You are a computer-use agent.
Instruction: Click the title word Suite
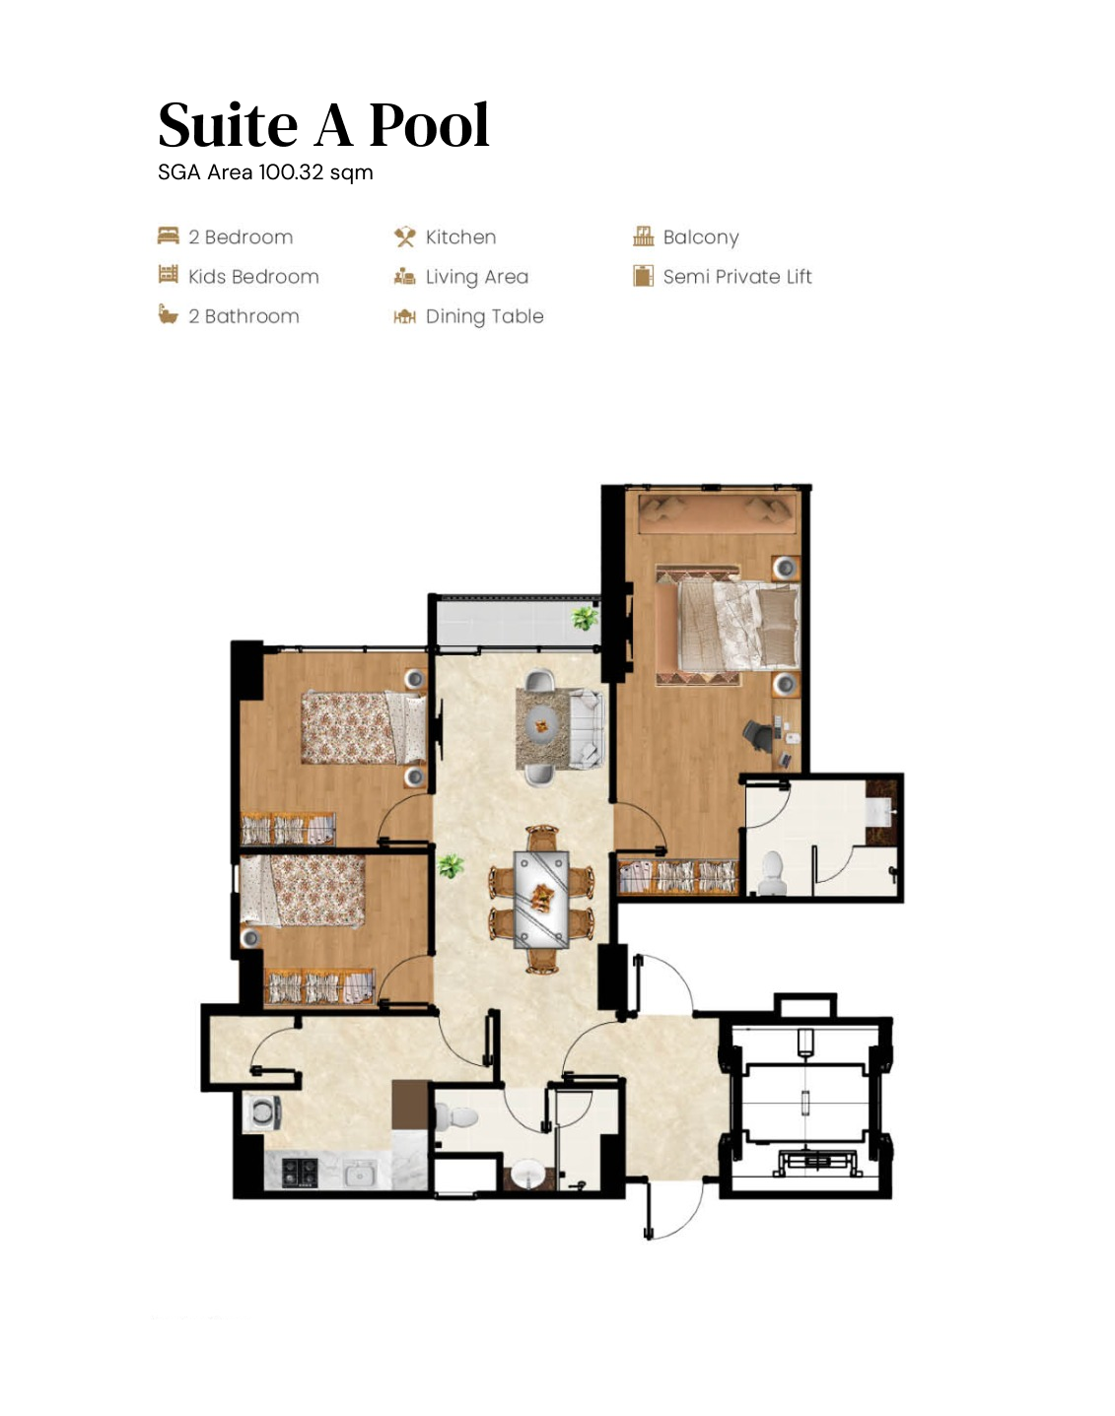(x=228, y=126)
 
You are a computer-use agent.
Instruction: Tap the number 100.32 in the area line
(x=291, y=172)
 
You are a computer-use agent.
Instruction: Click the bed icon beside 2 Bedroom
(x=169, y=236)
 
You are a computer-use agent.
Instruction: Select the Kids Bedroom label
(x=253, y=277)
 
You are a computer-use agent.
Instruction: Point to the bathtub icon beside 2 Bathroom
(x=169, y=315)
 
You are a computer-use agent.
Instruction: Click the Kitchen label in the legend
(x=460, y=237)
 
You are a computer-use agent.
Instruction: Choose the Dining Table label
(x=484, y=316)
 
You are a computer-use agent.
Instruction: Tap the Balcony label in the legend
(x=700, y=237)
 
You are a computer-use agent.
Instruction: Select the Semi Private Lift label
(x=737, y=277)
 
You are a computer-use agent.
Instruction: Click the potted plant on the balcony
(x=585, y=619)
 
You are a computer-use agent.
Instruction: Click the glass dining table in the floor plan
(x=541, y=899)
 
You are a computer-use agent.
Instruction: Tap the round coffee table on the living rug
(x=541, y=726)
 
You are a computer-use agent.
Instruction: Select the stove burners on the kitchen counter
(x=300, y=1173)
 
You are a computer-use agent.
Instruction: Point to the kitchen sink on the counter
(x=359, y=1175)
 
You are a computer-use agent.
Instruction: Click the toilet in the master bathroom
(x=771, y=872)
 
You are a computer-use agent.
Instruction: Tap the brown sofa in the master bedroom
(x=717, y=514)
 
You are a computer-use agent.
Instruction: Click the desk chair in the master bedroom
(x=757, y=734)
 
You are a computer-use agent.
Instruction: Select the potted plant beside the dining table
(x=451, y=866)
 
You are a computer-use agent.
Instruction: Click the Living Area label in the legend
(x=476, y=277)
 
